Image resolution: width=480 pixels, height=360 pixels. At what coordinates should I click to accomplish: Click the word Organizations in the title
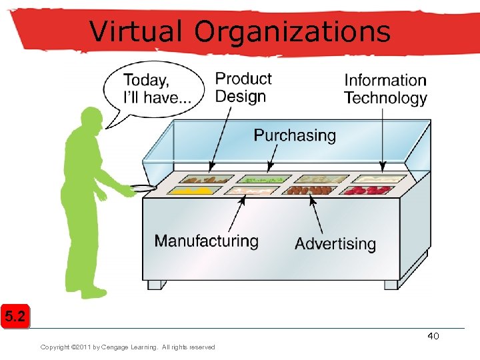(291, 31)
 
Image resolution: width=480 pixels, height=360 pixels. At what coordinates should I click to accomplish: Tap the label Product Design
(243, 87)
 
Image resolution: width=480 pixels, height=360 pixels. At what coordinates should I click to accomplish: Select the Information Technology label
(385, 89)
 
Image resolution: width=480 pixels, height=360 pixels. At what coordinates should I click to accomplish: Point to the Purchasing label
(295, 135)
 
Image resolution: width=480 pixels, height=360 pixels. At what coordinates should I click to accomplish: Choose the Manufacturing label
(207, 241)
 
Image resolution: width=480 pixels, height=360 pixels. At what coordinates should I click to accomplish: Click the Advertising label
(335, 243)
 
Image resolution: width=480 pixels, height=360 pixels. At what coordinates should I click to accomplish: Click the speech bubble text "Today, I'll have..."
(157, 89)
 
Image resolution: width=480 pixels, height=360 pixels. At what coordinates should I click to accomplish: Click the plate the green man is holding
(143, 188)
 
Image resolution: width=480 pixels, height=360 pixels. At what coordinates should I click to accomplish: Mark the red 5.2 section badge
(15, 316)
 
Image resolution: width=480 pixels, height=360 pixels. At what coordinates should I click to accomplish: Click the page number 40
(433, 336)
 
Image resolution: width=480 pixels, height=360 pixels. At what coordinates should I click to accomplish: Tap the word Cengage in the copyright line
(122, 347)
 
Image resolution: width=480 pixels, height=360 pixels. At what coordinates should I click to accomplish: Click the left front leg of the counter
(155, 284)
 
